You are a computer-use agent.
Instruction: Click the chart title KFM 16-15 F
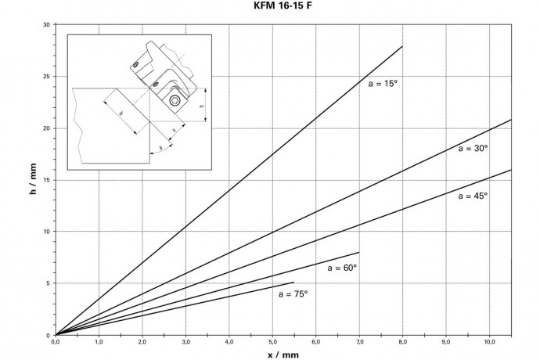269,7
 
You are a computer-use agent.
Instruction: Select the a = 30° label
473,148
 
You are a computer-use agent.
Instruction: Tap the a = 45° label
473,196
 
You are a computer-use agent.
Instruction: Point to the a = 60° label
342,268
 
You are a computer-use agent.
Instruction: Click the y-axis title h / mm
33,180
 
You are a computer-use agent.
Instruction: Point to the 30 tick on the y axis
46,25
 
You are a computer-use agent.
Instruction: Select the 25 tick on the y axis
46,77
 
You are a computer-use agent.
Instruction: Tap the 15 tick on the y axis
46,180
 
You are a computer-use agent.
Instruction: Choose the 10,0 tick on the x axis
489,342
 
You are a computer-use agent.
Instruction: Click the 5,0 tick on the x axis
272,342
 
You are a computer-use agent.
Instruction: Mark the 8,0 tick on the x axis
402,342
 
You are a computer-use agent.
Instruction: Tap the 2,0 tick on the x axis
142,342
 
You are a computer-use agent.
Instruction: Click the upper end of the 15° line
402,46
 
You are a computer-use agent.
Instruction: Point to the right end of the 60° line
358,252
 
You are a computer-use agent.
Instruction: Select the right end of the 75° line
293,283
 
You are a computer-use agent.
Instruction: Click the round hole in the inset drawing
175,102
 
